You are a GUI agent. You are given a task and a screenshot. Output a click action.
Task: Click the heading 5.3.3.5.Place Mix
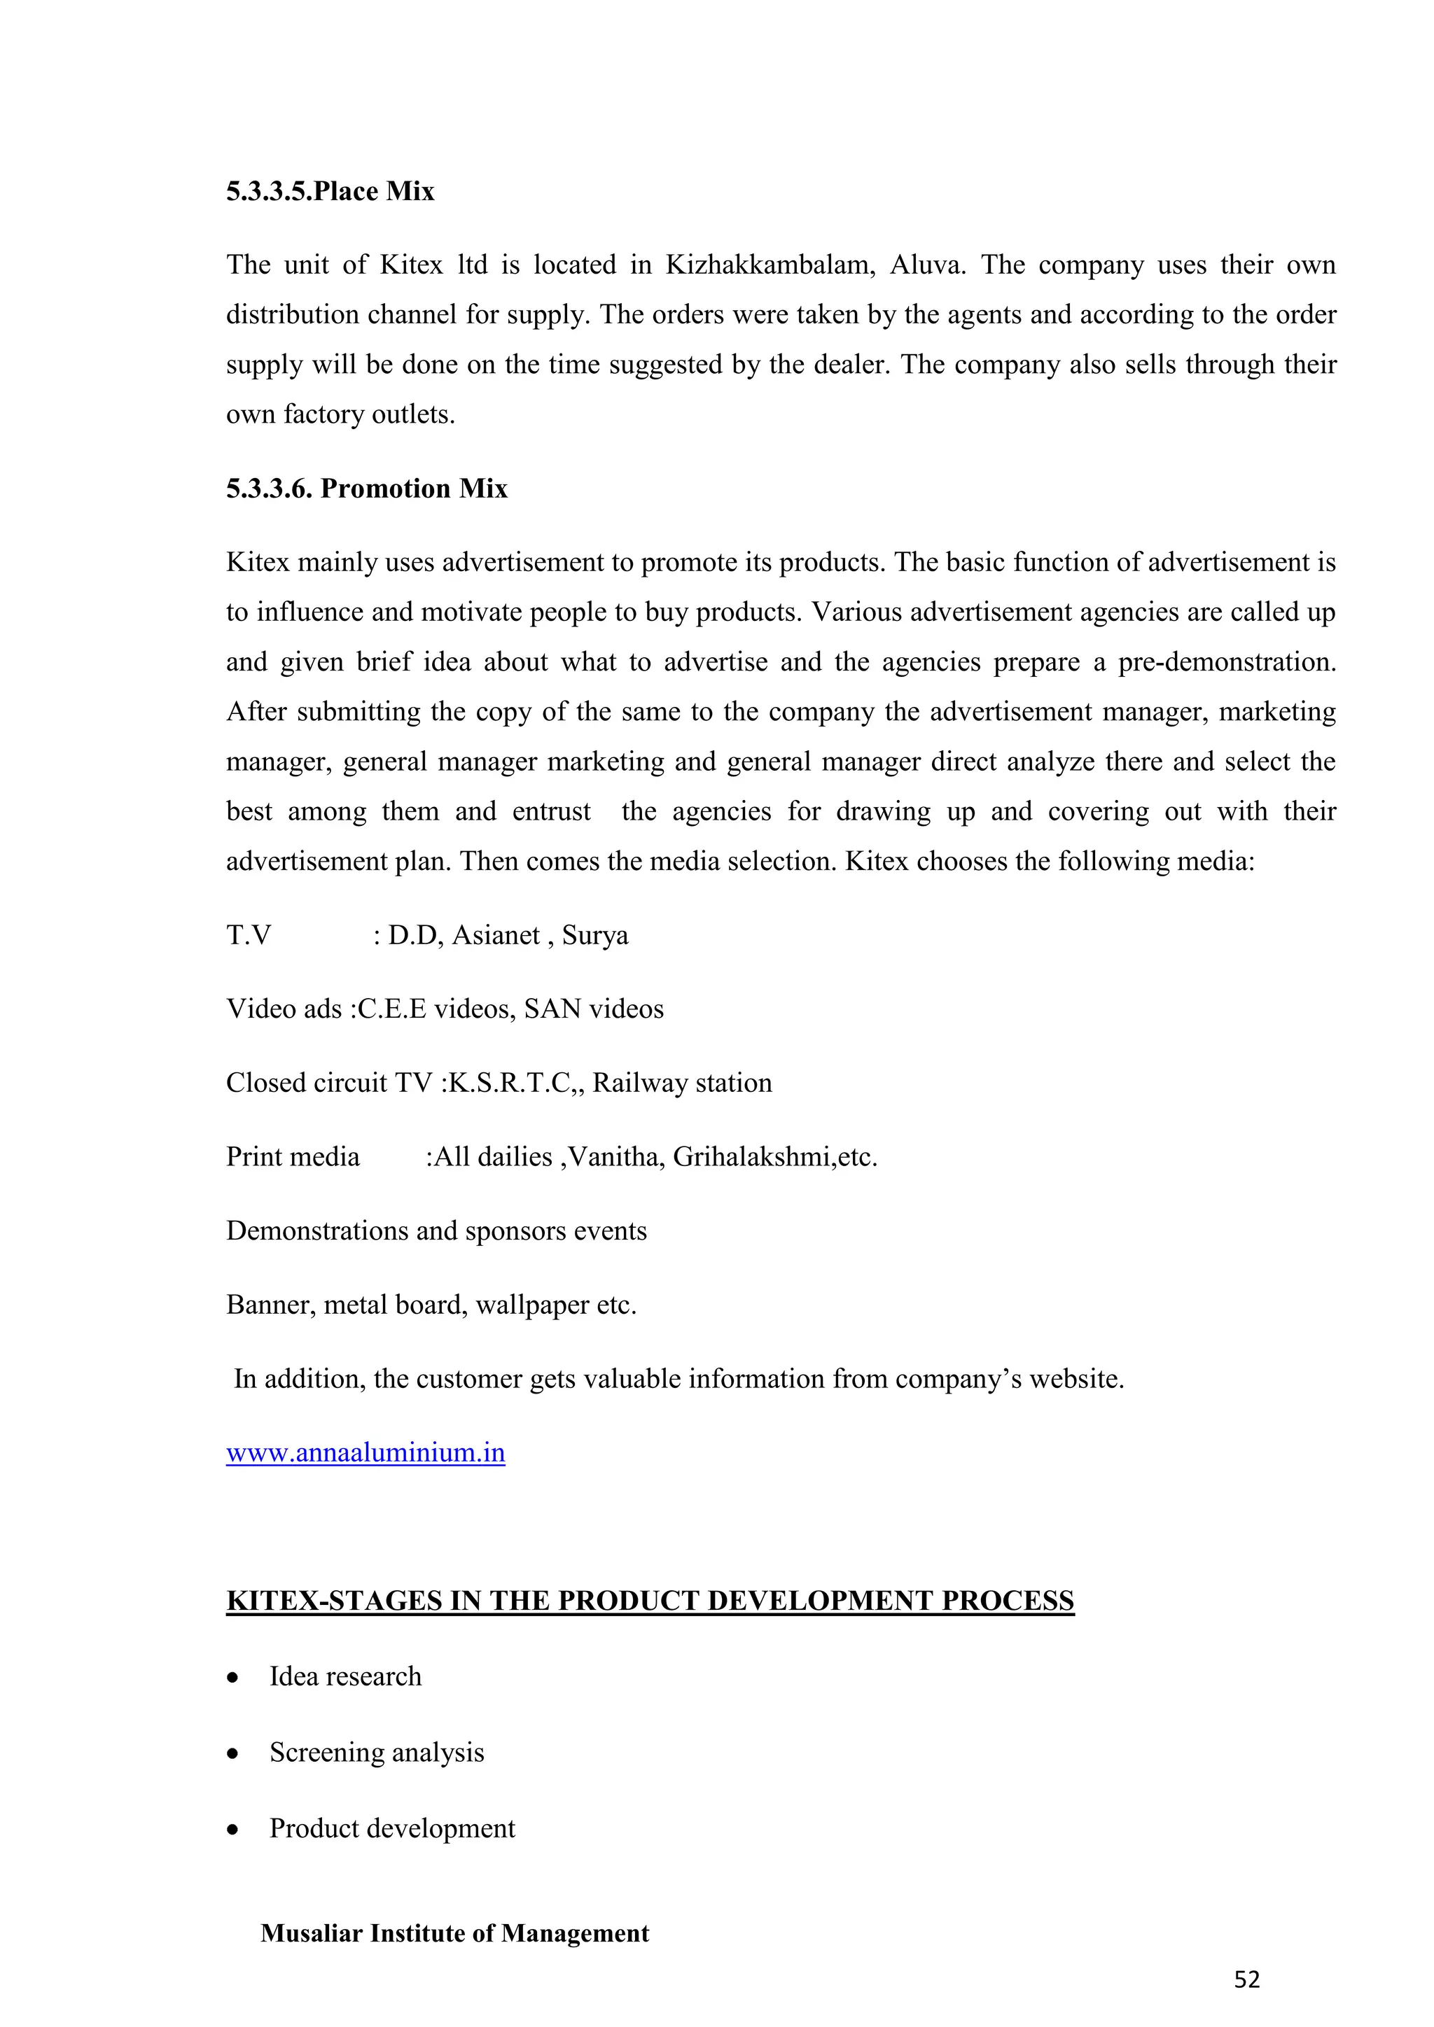tap(330, 192)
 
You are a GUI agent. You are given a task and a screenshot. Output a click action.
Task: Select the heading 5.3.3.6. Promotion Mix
tap(366, 489)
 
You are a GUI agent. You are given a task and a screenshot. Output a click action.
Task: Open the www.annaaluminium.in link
tap(366, 1452)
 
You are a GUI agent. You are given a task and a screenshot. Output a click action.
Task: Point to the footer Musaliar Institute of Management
tap(454, 1933)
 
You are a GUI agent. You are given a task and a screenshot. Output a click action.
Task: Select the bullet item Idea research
tap(345, 1676)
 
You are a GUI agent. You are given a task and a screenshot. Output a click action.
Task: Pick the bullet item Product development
tap(392, 1828)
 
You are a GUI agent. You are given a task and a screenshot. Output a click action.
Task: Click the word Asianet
tap(495, 935)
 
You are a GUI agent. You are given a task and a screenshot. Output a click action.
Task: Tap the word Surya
tap(594, 935)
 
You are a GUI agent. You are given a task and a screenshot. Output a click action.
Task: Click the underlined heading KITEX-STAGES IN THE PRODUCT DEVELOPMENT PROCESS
tap(650, 1601)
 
